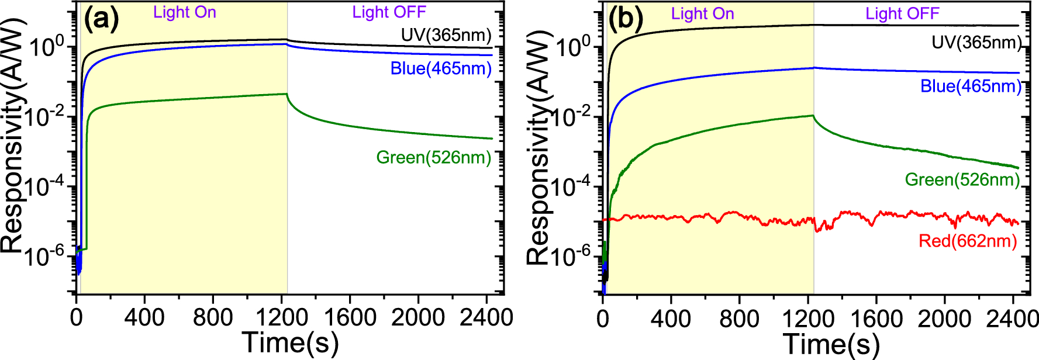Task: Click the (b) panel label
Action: pos(625,19)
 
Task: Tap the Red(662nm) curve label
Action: pos(968,241)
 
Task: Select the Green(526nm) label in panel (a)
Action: pos(433,157)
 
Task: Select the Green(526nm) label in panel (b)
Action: pos(962,179)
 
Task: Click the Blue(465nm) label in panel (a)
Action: pos(441,68)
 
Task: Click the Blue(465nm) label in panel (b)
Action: pos(971,86)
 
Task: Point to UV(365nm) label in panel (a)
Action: pos(446,35)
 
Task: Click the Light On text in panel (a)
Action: pos(185,12)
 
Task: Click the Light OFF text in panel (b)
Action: pos(902,13)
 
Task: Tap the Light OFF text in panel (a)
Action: pos(389,12)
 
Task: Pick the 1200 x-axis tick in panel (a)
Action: pos(282,318)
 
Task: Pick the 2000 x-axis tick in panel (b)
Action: pos(944,319)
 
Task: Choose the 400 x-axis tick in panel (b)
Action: pos(671,319)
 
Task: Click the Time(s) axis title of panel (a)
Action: pos(290,343)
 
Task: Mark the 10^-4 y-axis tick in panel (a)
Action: pos(48,187)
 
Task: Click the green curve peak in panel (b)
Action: pos(813,116)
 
